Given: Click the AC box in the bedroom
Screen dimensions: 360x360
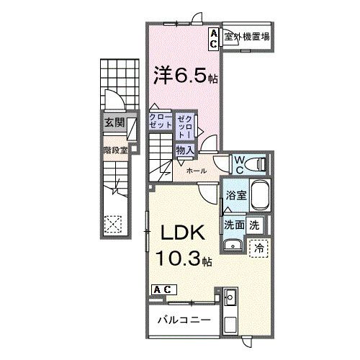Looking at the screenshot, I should [215, 37].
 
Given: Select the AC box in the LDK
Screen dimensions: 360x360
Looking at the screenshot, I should [161, 289].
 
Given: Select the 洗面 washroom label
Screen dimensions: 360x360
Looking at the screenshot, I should [233, 225].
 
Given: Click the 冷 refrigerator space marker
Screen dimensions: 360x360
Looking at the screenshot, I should [258, 247].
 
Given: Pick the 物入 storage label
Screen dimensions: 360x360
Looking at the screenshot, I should [184, 150].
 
